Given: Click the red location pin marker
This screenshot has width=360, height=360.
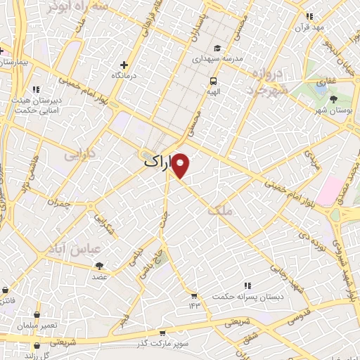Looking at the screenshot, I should tap(181, 166).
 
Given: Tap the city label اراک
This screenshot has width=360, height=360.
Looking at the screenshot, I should tap(157, 161).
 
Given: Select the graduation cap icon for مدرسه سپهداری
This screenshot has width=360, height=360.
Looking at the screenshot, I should tap(217, 48).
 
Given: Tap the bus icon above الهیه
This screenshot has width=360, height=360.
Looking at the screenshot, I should tap(212, 81).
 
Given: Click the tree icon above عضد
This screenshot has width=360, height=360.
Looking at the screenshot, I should tap(98, 266).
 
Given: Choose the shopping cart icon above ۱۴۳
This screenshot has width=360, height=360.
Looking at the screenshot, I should tap(194, 295).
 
